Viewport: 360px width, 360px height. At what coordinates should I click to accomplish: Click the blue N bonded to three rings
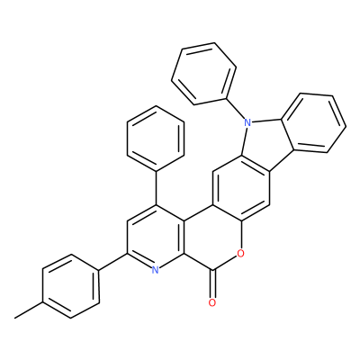click(247, 122)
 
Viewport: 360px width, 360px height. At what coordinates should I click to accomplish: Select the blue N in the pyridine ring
click(155, 270)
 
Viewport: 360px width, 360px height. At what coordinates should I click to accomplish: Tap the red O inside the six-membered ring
click(240, 254)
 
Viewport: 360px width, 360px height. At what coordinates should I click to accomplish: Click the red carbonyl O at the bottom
click(212, 302)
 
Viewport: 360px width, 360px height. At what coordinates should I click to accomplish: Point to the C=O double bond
click(212, 284)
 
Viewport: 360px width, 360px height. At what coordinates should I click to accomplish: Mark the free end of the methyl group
click(15, 318)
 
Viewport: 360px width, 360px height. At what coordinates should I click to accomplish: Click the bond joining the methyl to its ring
click(29, 310)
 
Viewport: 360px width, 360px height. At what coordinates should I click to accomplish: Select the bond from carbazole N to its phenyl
click(235, 109)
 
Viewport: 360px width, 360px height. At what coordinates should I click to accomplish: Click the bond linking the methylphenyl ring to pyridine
click(113, 262)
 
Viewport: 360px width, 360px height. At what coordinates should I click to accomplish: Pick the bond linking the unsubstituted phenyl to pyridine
click(156, 188)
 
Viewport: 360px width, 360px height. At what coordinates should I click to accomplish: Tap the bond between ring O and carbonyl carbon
click(226, 263)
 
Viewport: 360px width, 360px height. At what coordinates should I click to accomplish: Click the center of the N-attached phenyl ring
click(203, 74)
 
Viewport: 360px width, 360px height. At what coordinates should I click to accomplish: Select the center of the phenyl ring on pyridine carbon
click(156, 139)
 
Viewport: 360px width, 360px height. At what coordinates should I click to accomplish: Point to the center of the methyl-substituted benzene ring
click(71, 286)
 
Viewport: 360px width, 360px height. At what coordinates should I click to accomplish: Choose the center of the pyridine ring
click(156, 238)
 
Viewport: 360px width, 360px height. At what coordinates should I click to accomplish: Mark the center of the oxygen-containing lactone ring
click(212, 238)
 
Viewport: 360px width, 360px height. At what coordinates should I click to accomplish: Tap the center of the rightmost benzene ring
click(314, 123)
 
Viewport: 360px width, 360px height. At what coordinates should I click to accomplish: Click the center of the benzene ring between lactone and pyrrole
click(241, 189)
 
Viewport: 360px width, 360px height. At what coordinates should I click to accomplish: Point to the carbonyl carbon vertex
click(212, 271)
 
